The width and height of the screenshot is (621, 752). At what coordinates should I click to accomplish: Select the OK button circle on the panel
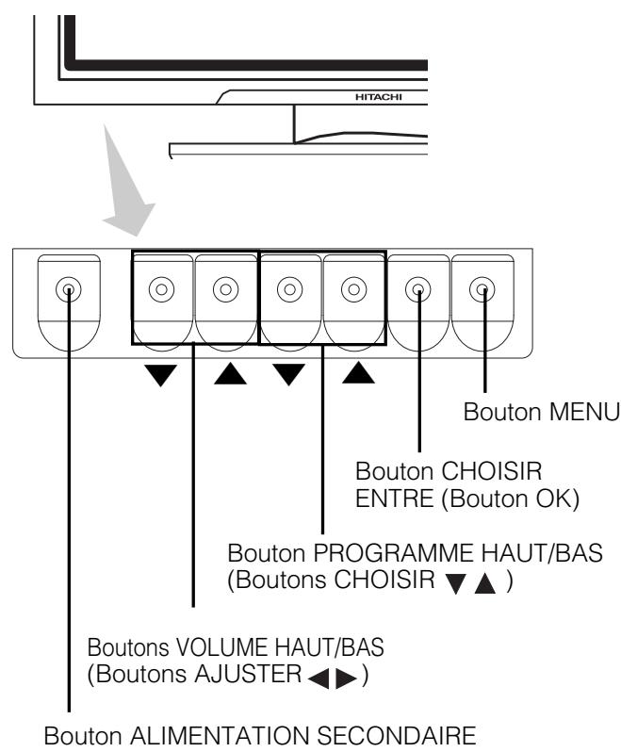tap(417, 289)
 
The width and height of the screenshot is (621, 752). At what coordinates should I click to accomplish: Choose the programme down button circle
tap(288, 289)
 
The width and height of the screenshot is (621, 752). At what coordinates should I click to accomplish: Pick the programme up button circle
tap(352, 289)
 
